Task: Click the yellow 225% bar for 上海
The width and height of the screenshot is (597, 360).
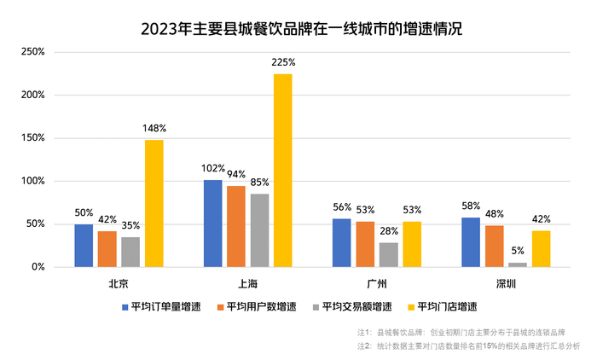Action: point(282,171)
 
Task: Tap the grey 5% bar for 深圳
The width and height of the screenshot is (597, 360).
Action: point(518,264)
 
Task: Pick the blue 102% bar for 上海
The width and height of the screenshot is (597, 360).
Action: point(213,224)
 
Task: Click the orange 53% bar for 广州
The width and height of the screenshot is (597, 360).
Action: point(365,244)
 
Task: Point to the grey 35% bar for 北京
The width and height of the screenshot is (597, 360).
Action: point(130,252)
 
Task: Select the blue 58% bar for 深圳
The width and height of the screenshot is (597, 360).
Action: point(471,242)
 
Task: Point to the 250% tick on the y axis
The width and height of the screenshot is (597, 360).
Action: point(32,51)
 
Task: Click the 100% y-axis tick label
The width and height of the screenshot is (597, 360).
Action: point(32,181)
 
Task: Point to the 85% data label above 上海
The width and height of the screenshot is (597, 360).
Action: point(260,183)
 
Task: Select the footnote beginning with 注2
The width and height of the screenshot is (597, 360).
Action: point(468,346)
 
